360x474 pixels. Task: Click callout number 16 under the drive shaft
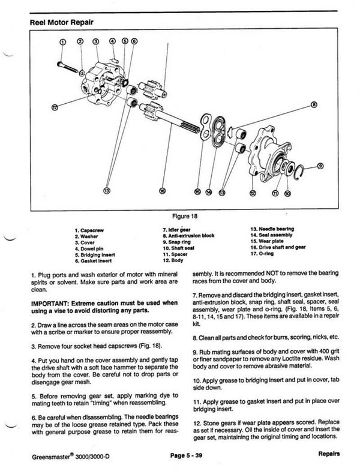pyautogui.click(x=162, y=191)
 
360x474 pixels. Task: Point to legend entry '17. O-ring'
pyautogui.click(x=262, y=256)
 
